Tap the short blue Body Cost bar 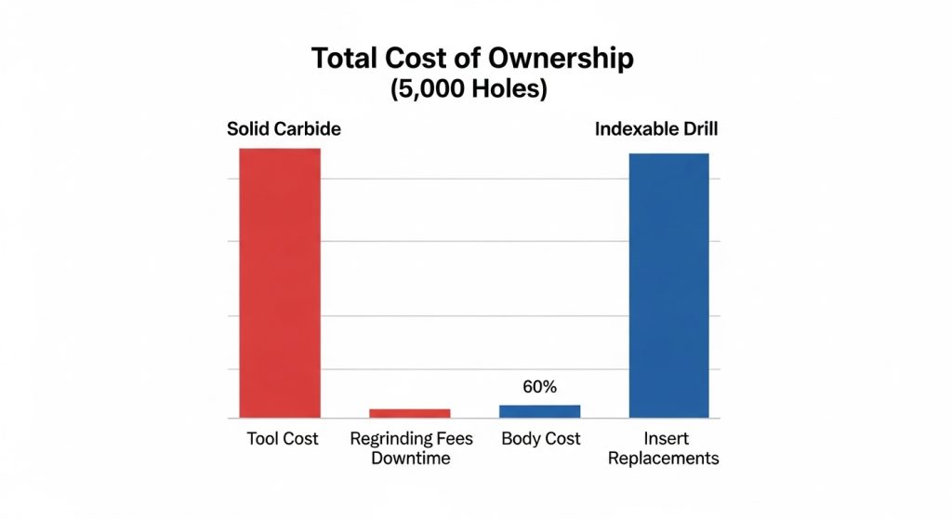539,410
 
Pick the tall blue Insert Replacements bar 668,285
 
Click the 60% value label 539,387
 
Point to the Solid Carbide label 284,129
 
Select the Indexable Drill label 656,129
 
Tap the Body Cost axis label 540,438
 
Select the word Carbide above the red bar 310,129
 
